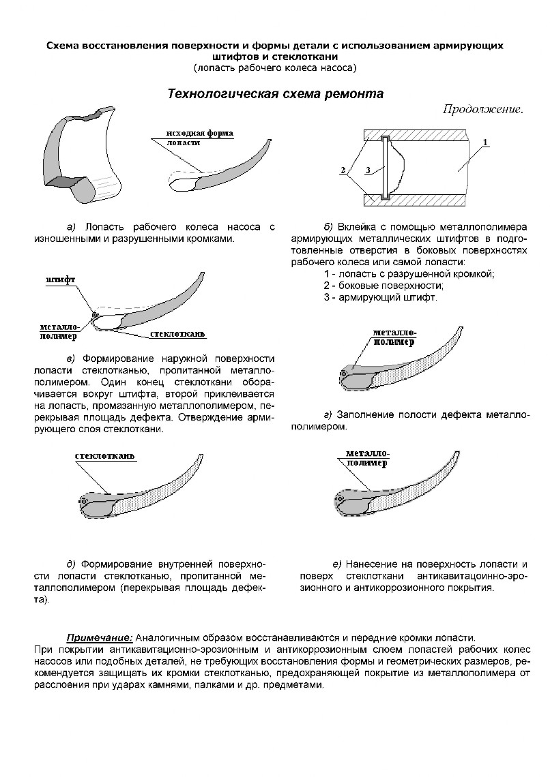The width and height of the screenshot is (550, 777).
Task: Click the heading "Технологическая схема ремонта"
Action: tap(275, 94)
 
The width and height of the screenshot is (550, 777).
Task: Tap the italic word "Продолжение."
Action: tap(482, 109)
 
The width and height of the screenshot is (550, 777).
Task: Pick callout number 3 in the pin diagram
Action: tap(368, 170)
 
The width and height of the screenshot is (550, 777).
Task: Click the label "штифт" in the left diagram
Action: tap(61, 280)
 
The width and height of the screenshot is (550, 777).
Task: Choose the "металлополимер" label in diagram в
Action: tap(57, 331)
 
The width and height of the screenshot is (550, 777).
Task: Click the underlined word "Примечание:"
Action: tap(99, 637)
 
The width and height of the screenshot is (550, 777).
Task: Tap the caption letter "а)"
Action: tap(71, 226)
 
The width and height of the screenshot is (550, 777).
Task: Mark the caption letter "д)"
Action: tap(71, 564)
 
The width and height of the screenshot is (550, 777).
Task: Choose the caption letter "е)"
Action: tap(336, 564)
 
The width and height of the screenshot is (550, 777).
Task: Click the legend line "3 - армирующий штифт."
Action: tap(381, 297)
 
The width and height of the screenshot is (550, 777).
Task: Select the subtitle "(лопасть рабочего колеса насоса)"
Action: tap(275, 67)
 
